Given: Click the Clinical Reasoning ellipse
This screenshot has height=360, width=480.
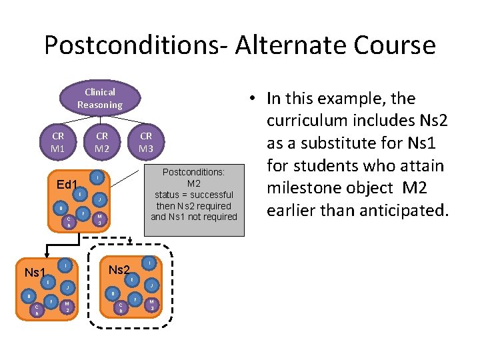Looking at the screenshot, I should tap(99, 99).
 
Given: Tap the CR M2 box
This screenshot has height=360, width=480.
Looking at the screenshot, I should tap(102, 141).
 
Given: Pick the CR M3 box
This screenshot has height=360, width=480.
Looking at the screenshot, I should tap(146, 141).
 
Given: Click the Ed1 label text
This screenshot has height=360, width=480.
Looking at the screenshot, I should tap(67, 185).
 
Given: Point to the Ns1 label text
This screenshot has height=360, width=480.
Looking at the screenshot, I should tap(34, 273).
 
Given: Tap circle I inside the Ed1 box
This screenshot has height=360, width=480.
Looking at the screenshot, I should tap(97, 178).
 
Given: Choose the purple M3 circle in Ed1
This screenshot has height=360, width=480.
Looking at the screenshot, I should tap(99, 219).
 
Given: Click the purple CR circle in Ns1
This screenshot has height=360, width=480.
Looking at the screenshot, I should tap(37, 309).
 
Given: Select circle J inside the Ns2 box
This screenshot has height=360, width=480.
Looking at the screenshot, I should tap(152, 285).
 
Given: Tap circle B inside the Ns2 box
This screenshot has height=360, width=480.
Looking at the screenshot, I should tap(113, 293).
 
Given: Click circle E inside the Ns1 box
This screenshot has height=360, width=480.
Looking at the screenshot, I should tap(48, 283).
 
